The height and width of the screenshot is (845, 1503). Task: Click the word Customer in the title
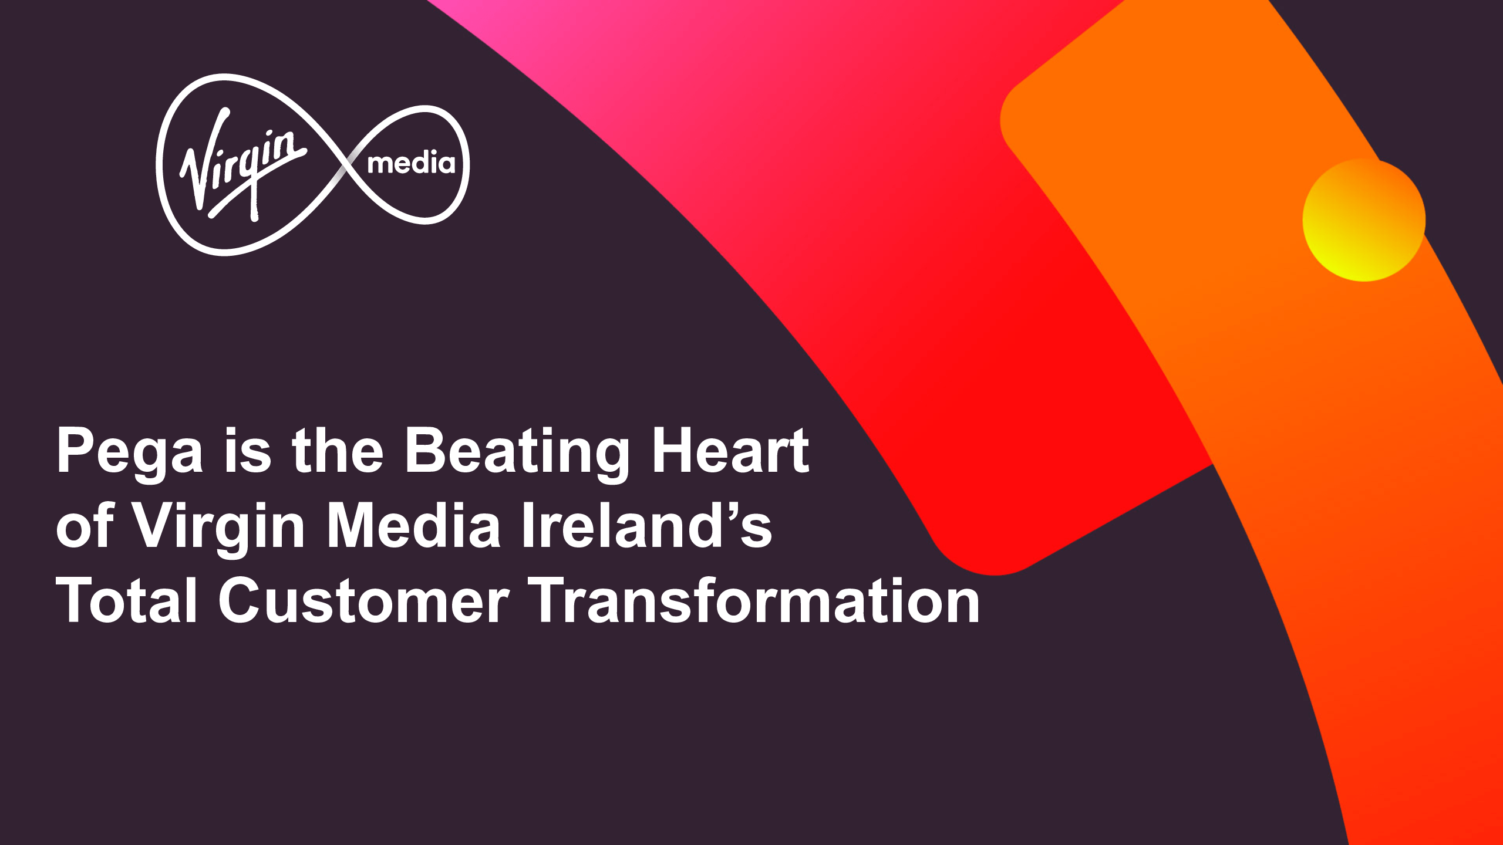[363, 600]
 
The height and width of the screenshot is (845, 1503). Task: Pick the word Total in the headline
[126, 600]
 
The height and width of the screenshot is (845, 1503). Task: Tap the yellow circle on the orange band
[1363, 220]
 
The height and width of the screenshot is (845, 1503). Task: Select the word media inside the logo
[411, 163]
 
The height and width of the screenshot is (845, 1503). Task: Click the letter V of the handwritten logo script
[203, 158]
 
